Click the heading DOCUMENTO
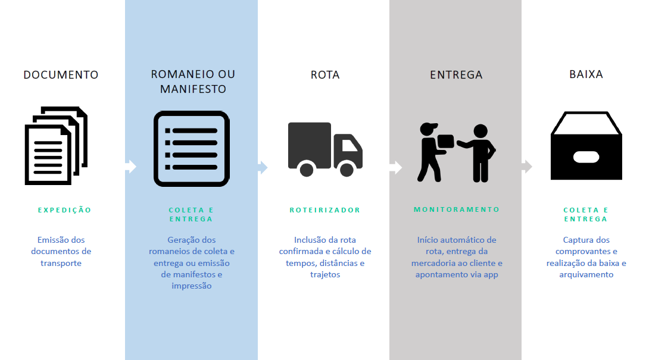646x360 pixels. click(x=61, y=75)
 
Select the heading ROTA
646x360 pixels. click(x=325, y=75)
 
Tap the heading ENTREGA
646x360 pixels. click(x=456, y=75)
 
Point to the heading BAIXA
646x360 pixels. click(x=586, y=74)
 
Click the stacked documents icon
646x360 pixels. click(x=55, y=145)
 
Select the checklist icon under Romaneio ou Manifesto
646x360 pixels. click(x=191, y=148)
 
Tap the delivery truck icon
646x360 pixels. click(x=325, y=149)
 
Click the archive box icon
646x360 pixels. click(x=586, y=146)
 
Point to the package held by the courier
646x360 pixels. click(x=445, y=142)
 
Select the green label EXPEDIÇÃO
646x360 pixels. click(x=65, y=210)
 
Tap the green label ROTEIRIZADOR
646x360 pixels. click(x=325, y=210)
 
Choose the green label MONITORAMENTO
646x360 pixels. click(x=457, y=209)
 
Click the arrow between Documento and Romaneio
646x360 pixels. click(x=130, y=167)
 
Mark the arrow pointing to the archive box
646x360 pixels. click(x=526, y=167)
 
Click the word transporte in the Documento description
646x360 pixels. click(x=61, y=263)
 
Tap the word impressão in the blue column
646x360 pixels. click(x=191, y=286)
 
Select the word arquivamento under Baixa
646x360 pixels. click(x=586, y=274)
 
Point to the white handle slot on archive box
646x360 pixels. click(x=586, y=157)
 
